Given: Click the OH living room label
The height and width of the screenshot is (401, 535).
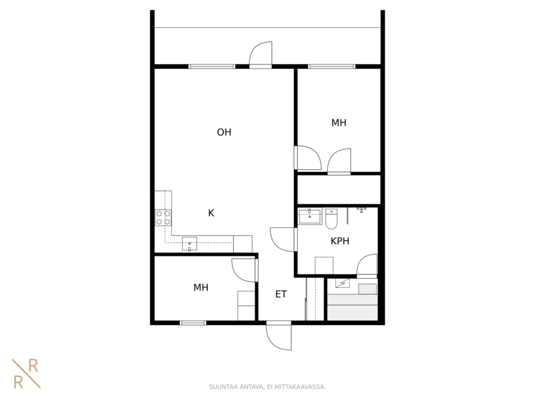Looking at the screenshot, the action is click(224, 132).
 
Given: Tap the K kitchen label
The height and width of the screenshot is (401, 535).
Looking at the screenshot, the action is click(211, 213).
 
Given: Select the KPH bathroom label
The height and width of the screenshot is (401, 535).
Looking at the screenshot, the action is click(340, 241).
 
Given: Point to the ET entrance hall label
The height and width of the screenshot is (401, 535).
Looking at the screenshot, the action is click(281, 294).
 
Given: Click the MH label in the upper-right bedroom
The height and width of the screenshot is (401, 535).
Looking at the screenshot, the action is click(339, 122).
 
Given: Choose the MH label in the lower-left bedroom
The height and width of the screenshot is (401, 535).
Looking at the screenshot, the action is click(200, 287).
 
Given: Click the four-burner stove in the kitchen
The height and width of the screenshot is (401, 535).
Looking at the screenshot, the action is click(163, 218).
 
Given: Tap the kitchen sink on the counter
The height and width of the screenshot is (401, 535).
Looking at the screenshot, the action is click(190, 244).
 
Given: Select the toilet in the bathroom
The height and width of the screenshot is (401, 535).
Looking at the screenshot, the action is click(331, 219).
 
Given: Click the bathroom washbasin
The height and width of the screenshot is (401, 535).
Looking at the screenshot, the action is click(310, 217).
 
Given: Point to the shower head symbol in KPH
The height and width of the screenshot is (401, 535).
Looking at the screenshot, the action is click(362, 209).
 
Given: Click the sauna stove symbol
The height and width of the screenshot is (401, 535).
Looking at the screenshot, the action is click(343, 283).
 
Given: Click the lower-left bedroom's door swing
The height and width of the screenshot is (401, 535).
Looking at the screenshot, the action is click(244, 270).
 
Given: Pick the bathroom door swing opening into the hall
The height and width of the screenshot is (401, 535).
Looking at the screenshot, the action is click(283, 239).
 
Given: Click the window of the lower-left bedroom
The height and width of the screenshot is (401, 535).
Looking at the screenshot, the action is click(193, 323).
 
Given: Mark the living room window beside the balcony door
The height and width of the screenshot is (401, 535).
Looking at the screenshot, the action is click(212, 66).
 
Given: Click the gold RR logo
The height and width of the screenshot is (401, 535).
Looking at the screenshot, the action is click(26, 374).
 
